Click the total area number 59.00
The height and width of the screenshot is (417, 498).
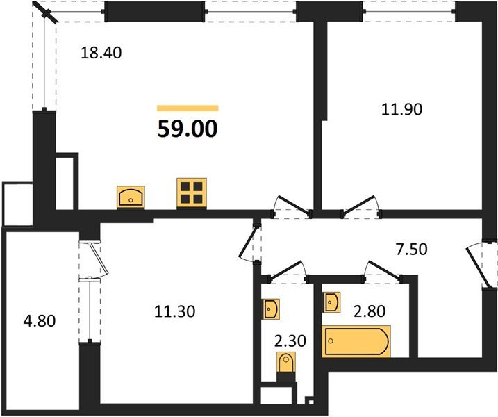(188, 129)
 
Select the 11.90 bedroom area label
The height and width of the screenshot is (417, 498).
(402, 108)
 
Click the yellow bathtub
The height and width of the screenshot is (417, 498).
(356, 341)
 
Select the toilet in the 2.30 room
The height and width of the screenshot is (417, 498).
(285, 363)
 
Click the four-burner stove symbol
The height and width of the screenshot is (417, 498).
(192, 192)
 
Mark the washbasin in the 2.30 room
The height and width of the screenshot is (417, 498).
(269, 308)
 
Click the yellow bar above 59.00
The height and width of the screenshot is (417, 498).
(188, 108)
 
